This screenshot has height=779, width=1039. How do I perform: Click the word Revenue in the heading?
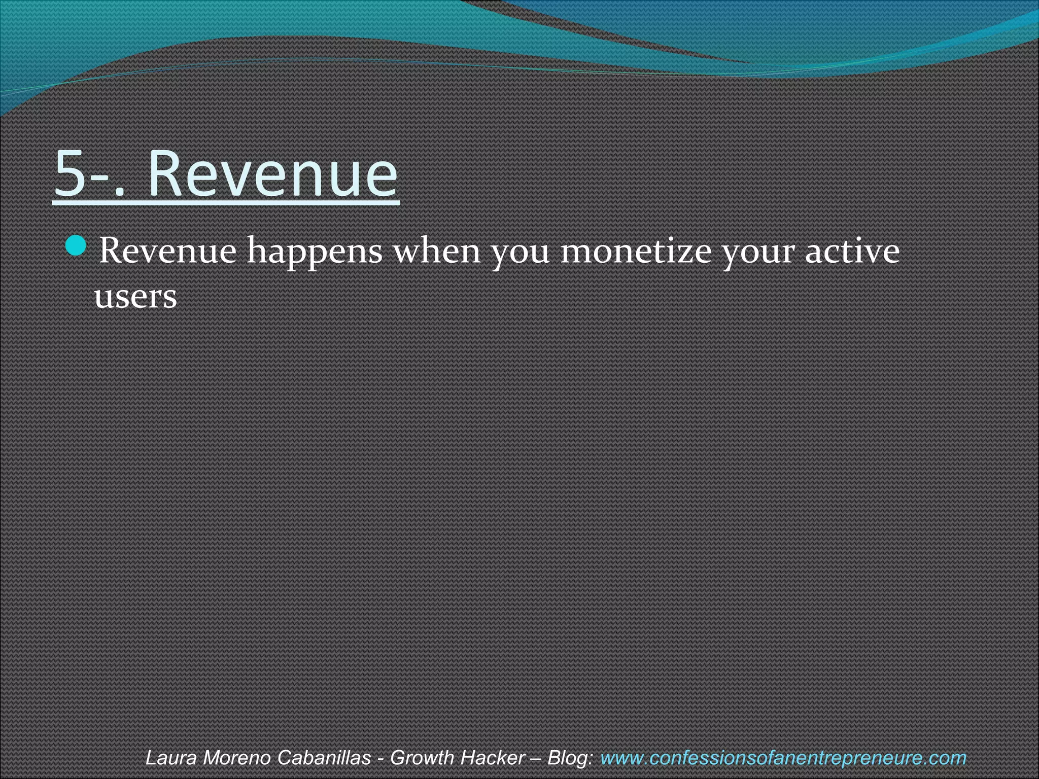click(273, 173)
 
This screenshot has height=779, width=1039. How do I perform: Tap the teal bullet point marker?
click(77, 246)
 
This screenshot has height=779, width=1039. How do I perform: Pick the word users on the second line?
click(135, 296)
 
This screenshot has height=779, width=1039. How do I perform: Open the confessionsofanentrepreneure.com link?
click(783, 758)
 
